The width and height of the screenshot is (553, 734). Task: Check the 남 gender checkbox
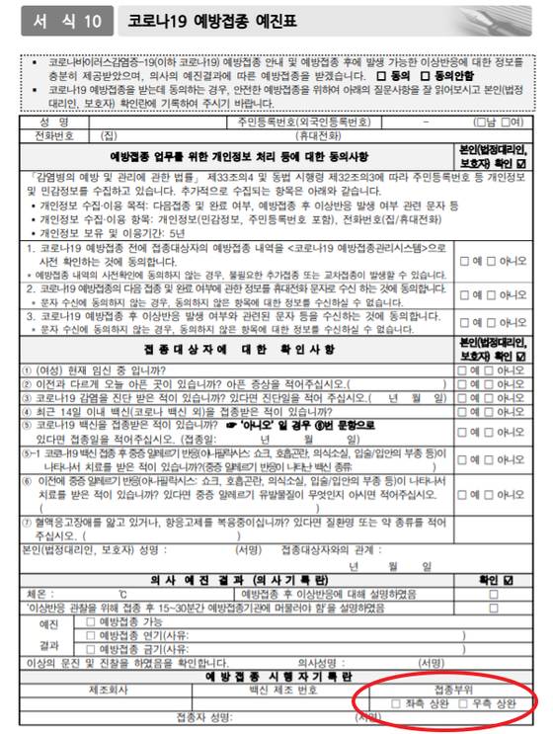pos(479,122)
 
